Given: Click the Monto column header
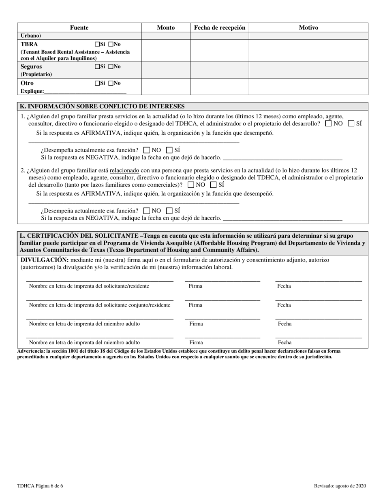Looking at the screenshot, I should click(166, 28).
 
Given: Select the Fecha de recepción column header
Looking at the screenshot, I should click(220, 28).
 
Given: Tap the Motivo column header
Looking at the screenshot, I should click(308, 28).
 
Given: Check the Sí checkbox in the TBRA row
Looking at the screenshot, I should click(97, 44).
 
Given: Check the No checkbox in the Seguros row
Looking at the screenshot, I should click(111, 66).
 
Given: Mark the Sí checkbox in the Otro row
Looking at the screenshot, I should click(97, 83).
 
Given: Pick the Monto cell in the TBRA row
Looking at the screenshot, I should click(166, 51).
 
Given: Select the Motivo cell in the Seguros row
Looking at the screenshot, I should click(308, 70).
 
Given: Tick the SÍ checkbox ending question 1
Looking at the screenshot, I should click(351, 123).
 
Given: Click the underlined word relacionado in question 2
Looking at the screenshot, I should click(124, 171).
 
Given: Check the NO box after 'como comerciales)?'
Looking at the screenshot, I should click(191, 185).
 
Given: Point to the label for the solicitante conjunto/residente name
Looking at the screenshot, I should click(100, 305).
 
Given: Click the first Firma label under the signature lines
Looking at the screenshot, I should click(195, 286).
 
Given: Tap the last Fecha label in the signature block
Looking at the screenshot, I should click(284, 343).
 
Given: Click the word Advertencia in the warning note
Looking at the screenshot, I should click(31, 351).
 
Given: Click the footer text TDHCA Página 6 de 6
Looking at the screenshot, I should click(40, 486).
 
